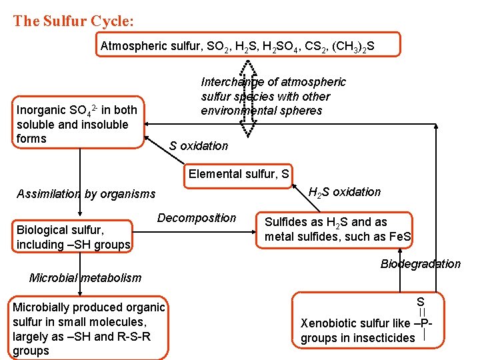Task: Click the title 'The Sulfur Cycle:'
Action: tap(73, 21)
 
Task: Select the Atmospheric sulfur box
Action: tap(248, 45)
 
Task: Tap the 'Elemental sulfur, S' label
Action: tap(239, 174)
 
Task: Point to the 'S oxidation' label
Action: tap(198, 146)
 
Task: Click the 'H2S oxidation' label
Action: tap(345, 192)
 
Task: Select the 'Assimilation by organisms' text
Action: tap(86, 194)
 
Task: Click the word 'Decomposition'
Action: tap(197, 218)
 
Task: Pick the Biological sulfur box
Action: tap(74, 237)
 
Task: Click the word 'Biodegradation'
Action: tap(420, 264)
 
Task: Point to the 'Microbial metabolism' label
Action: tap(86, 277)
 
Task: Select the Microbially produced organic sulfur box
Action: tap(88, 329)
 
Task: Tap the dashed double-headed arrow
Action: tap(247, 100)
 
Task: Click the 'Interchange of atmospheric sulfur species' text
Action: tap(273, 96)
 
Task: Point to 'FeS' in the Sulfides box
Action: tap(401, 237)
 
